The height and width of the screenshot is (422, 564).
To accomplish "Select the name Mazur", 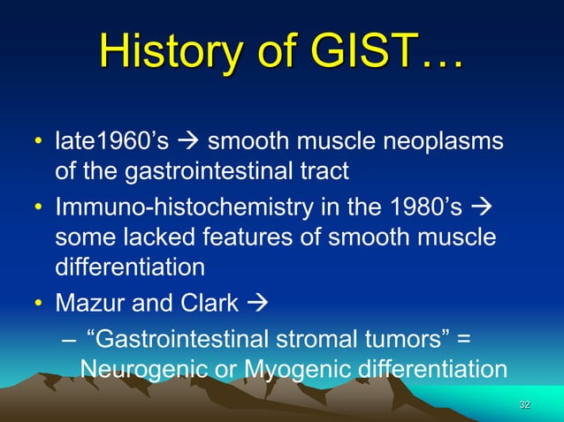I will coord(91,304).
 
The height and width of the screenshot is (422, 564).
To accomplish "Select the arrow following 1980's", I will coord(485,211).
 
